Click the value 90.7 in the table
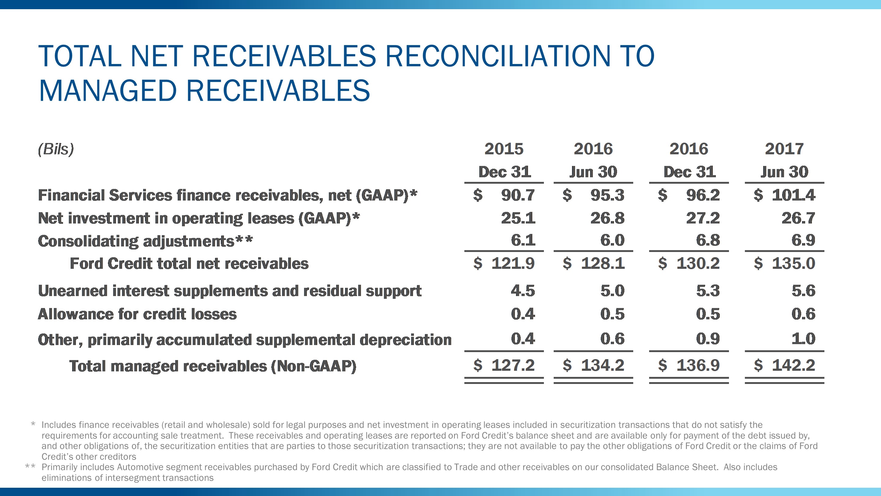[x=518, y=195]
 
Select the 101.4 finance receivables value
[x=794, y=195]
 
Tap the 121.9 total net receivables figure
[x=513, y=263]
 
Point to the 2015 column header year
[x=504, y=149]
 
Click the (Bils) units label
[x=56, y=149]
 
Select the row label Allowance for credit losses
[x=137, y=314]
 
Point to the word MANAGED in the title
[x=108, y=91]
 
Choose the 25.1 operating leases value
[x=518, y=218]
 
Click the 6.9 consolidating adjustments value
[x=803, y=240]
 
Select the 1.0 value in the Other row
[x=803, y=339]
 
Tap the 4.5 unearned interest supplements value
[x=522, y=291]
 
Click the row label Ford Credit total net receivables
[x=189, y=264]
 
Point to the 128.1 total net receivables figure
[x=602, y=263]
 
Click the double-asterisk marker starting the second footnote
[x=30, y=467]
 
